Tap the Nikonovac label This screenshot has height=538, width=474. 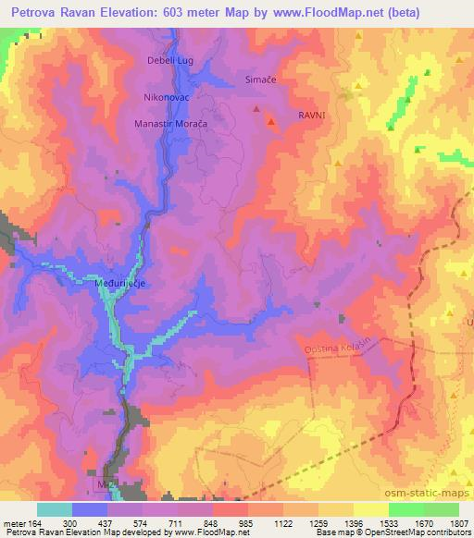pyautogui.click(x=167, y=95)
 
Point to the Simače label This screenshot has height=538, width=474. pyautogui.click(x=261, y=80)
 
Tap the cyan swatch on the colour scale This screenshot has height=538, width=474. pyautogui.click(x=55, y=508)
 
